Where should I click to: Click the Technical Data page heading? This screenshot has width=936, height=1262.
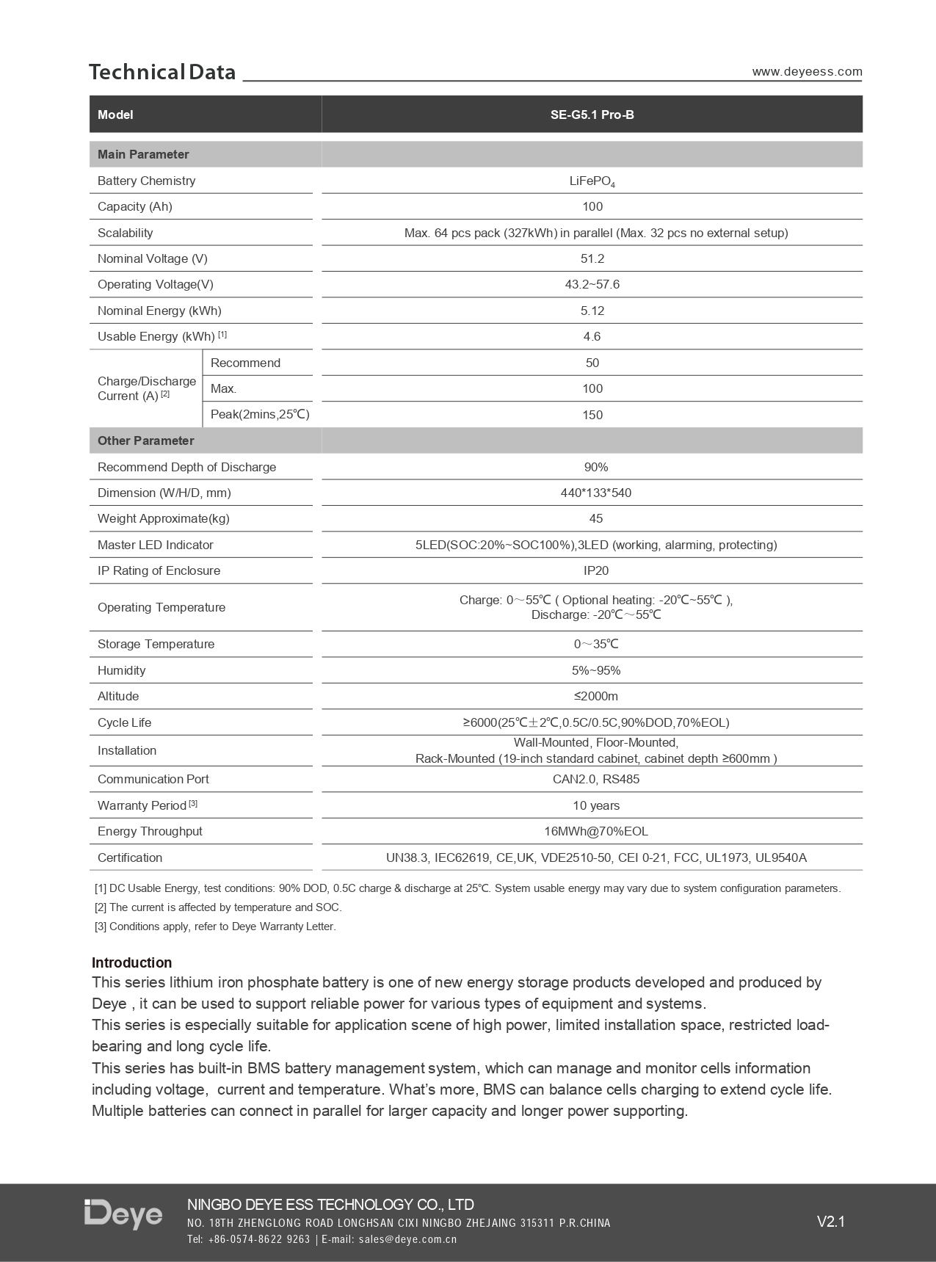[162, 72]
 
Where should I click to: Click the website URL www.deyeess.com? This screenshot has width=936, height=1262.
[807, 71]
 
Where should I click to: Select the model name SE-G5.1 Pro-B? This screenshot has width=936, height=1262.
[592, 115]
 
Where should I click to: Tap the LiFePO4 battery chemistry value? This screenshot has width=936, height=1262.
[592, 181]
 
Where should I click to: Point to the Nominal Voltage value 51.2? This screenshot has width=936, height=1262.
[592, 258]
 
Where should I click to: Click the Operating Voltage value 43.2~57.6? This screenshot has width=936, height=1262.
[592, 284]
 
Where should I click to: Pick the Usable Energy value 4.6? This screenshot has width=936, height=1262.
[592, 336]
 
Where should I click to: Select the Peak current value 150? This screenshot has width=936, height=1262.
[592, 415]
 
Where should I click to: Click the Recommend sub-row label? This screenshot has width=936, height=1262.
[245, 363]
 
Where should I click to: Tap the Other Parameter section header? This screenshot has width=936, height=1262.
[146, 440]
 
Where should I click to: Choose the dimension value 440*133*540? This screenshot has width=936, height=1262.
[595, 493]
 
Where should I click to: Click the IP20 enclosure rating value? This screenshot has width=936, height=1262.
[595, 570]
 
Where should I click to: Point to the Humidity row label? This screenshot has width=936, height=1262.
[122, 670]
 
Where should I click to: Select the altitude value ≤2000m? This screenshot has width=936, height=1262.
[595, 696]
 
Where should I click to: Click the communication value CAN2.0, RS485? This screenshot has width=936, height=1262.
[595, 779]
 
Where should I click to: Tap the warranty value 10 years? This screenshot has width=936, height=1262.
[595, 805]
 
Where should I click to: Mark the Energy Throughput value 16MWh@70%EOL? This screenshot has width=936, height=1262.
[595, 831]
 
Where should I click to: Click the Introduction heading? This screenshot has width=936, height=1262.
[132, 962]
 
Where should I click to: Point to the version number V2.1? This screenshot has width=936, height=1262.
[831, 1222]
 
